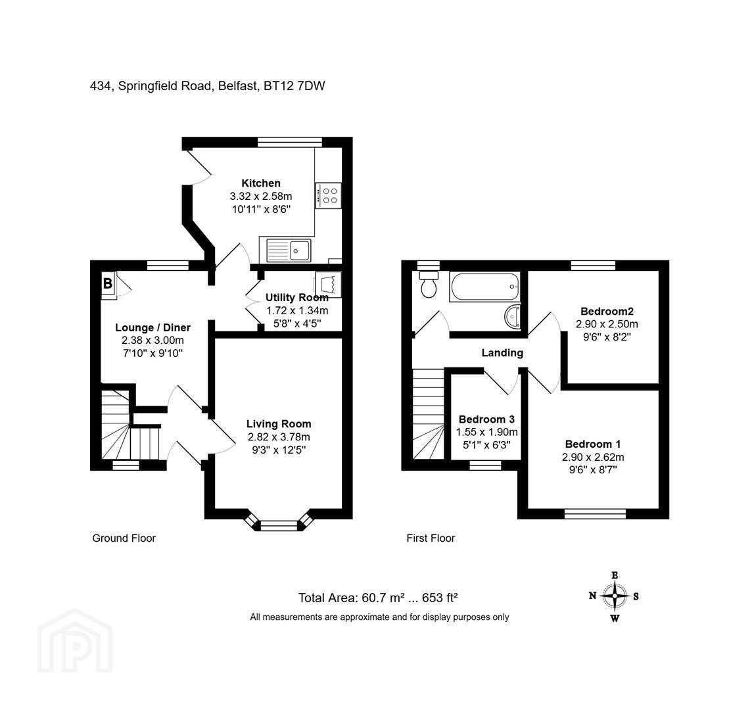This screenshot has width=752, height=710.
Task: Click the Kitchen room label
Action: tap(261, 183)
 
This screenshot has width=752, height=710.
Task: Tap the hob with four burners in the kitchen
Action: tap(329, 195)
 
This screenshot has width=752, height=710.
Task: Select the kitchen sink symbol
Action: tap(285, 250)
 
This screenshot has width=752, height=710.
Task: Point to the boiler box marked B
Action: tap(108, 285)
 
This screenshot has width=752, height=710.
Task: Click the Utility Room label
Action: tap(297, 297)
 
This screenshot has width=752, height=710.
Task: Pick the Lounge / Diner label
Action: tap(153, 327)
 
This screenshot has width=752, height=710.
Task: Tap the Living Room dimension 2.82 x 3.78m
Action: tap(279, 437)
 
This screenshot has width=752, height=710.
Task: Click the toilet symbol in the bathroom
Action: tap(429, 284)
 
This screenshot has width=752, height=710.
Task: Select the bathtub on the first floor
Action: tap(485, 287)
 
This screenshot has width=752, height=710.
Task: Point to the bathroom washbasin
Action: tap(513, 316)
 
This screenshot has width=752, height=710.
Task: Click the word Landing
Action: tap(502, 353)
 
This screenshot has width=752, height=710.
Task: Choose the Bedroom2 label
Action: tap(607, 311)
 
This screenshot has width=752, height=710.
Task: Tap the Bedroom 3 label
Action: tap(486, 419)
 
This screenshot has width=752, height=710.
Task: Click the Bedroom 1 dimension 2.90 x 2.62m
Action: tap(593, 457)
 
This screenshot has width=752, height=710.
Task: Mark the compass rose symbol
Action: tap(615, 596)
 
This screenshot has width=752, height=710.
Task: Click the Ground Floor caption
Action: tap(124, 538)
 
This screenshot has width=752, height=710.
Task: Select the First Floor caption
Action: tap(430, 538)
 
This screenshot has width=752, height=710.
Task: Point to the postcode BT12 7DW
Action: tap(294, 86)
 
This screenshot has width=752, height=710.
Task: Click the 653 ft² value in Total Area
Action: tap(440, 598)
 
